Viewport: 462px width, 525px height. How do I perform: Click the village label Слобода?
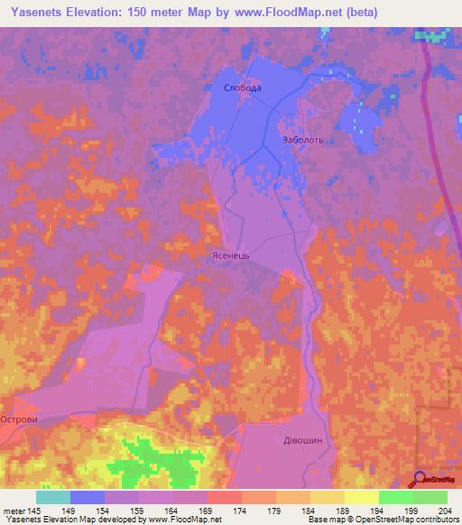[x=242, y=87]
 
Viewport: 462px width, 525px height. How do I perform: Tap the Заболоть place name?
[x=302, y=141]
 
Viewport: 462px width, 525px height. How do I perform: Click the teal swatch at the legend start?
[x=53, y=497]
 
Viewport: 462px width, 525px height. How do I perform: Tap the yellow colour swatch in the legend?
[x=361, y=497]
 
